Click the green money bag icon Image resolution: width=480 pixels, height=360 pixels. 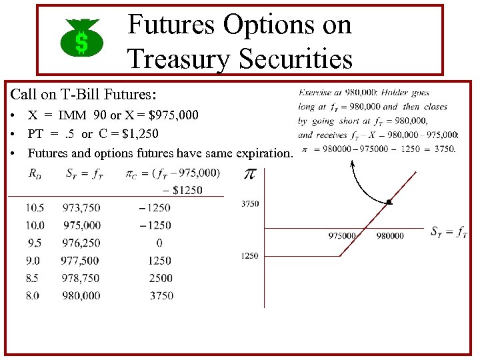click(81, 38)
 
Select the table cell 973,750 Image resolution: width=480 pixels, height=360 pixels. click(81, 208)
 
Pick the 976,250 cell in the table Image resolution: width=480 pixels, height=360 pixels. click(81, 243)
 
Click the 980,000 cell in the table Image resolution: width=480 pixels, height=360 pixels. click(81, 296)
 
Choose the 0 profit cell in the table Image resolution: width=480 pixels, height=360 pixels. click(159, 243)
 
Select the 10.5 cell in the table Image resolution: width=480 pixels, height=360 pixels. click(35, 208)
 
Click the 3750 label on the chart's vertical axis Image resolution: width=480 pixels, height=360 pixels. click(250, 204)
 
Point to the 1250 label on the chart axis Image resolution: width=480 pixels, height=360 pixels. click(250, 256)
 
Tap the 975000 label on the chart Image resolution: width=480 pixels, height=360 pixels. click(342, 236)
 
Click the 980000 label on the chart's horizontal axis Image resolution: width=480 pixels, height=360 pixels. click(390, 236)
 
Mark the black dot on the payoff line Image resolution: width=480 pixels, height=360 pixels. click(389, 201)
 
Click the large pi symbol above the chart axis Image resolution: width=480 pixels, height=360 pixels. click(249, 175)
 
